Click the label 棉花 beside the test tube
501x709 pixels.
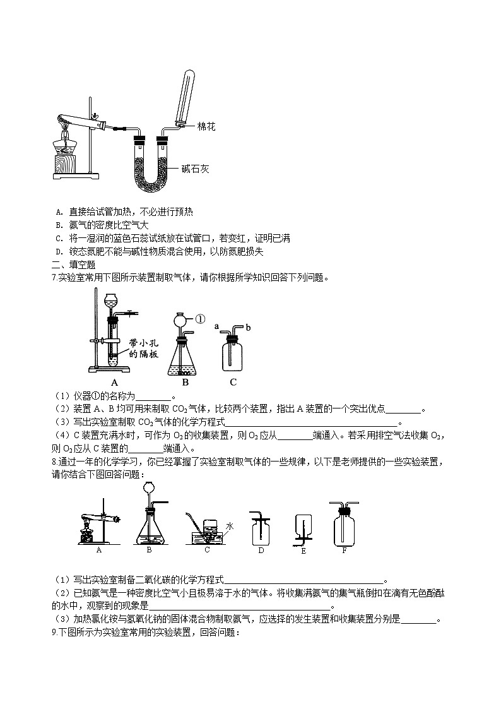207,127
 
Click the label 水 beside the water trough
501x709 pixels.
230,525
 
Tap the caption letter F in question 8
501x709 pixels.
344,550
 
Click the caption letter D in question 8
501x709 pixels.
261,550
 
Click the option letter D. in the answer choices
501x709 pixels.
59,251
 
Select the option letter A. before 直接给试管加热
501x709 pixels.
59,212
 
